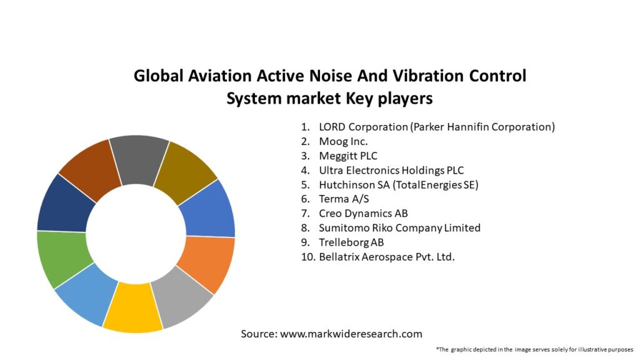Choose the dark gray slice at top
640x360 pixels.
(139, 159)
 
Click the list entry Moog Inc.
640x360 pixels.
(343, 141)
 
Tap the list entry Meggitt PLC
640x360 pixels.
(348, 156)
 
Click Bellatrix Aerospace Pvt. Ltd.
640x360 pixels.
(386, 256)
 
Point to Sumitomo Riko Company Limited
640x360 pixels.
(399, 227)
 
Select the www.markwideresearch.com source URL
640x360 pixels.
(351, 334)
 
